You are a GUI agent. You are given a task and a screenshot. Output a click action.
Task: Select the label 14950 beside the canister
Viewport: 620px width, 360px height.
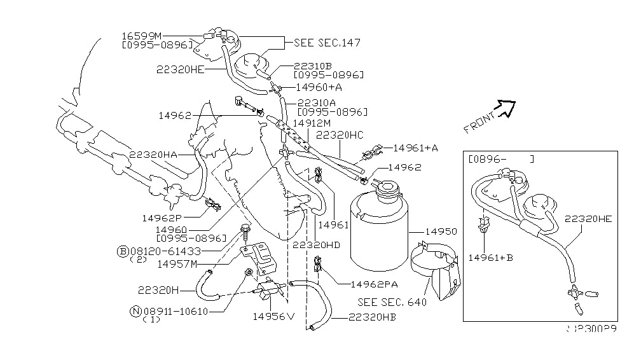click(425, 233)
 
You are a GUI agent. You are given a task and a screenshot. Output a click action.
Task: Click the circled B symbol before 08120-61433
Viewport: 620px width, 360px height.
click(123, 251)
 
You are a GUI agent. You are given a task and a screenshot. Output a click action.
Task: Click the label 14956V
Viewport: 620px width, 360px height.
click(274, 316)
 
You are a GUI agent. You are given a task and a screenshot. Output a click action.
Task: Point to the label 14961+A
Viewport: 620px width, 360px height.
click(415, 148)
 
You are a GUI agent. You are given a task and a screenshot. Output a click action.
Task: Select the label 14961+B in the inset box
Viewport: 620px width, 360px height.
click(490, 258)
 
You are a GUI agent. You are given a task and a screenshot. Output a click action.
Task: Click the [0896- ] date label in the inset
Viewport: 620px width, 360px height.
click(500, 158)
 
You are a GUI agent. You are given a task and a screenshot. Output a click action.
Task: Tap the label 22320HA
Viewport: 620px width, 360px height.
click(153, 154)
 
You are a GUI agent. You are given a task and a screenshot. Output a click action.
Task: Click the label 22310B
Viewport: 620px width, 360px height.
click(313, 66)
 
